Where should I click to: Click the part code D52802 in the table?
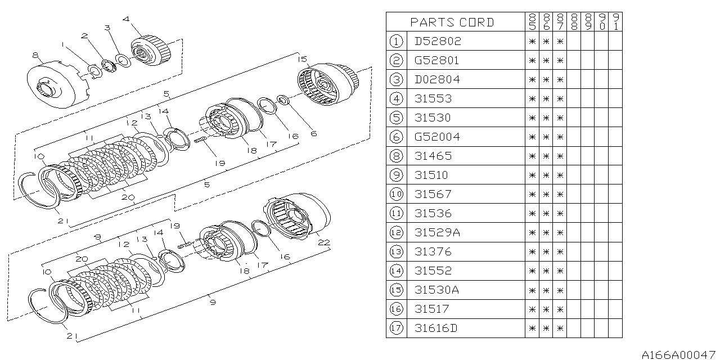pyautogui.click(x=437, y=41)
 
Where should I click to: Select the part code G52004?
pyautogui.click(x=437, y=137)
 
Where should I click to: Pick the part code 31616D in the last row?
pyautogui.click(x=436, y=328)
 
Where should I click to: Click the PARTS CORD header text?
pyautogui.click(x=452, y=22)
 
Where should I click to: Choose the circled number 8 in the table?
pyautogui.click(x=396, y=156)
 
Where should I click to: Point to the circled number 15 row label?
pyautogui.click(x=396, y=290)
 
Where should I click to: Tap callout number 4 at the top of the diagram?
pyautogui.click(x=125, y=19)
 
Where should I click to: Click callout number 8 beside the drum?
pyautogui.click(x=35, y=55)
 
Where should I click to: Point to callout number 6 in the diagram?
pyautogui.click(x=314, y=133)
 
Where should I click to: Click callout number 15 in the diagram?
pyautogui.click(x=302, y=58)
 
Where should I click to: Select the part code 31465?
pyautogui.click(x=433, y=156)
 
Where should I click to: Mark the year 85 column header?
pyautogui.click(x=532, y=22)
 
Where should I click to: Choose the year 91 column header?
pyautogui.click(x=615, y=22)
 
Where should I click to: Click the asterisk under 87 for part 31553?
pyautogui.click(x=560, y=98)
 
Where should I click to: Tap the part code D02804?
pyautogui.click(x=437, y=79)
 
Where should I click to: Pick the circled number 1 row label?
pyautogui.click(x=396, y=41)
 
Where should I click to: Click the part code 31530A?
pyautogui.click(x=436, y=290)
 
